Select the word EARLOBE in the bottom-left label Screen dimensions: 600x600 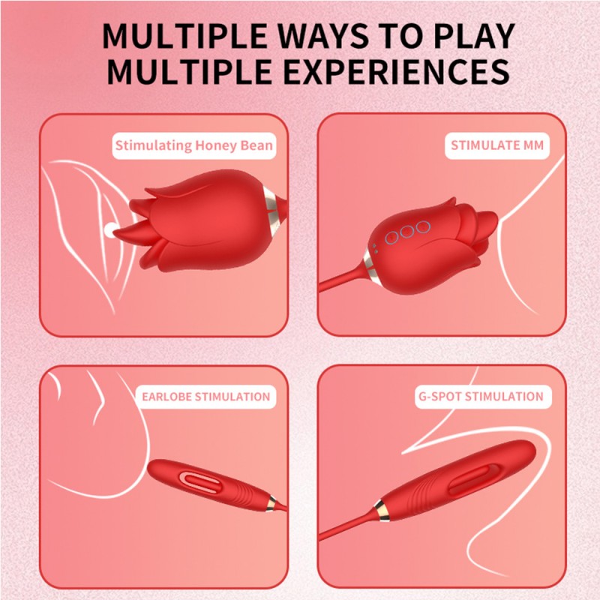[x=166, y=396]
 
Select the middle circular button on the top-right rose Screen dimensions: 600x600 [x=407, y=232]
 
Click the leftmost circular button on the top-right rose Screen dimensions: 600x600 [x=391, y=238]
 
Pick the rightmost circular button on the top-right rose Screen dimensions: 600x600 [x=424, y=226]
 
